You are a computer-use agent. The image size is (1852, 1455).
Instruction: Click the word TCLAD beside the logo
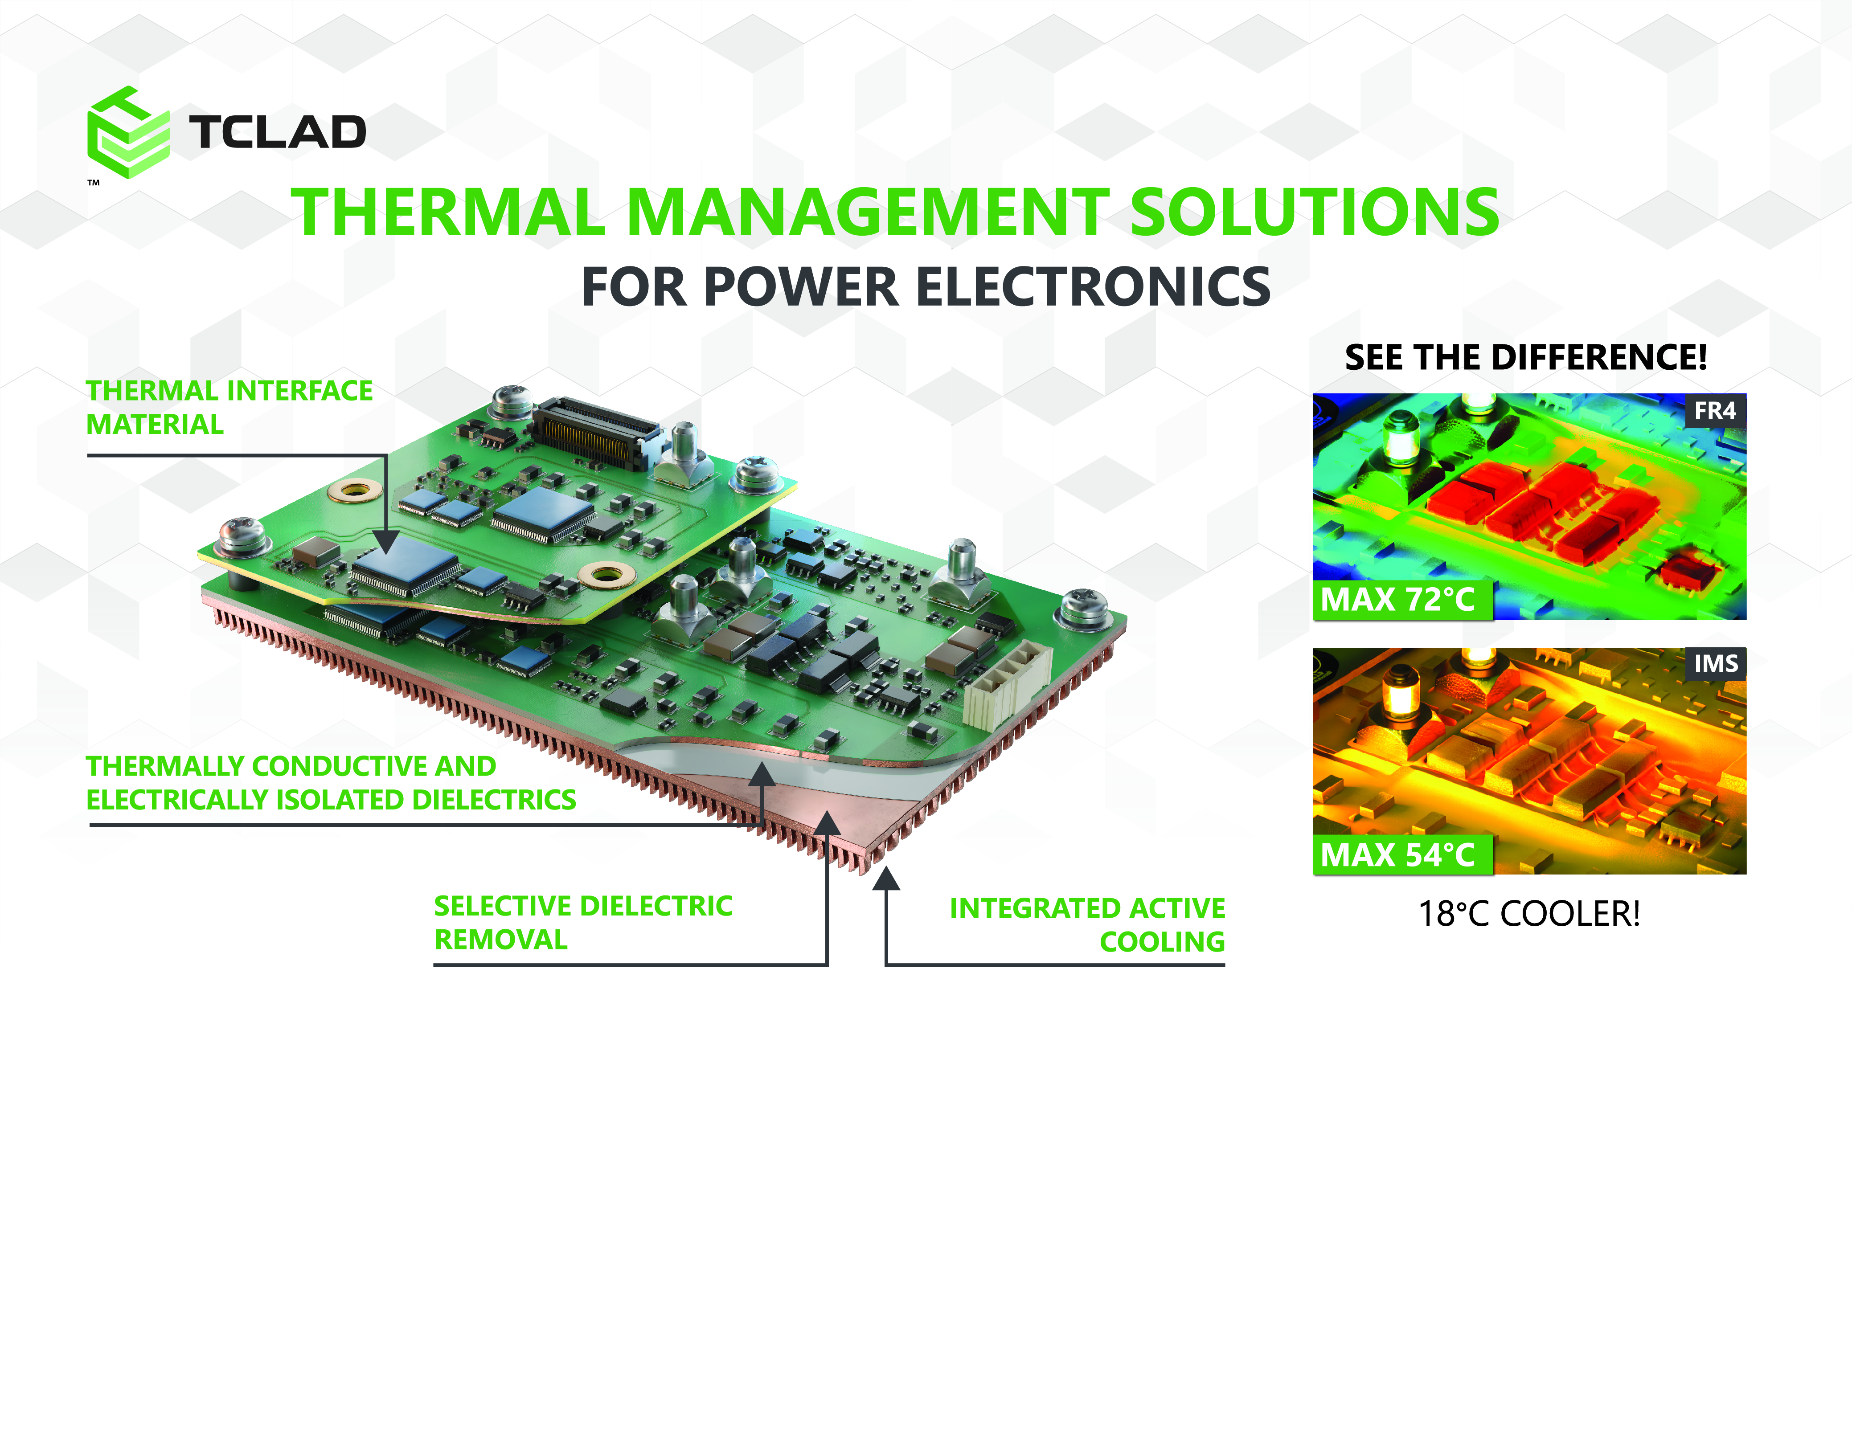[278, 132]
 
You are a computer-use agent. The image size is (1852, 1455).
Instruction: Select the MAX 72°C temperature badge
[1402, 600]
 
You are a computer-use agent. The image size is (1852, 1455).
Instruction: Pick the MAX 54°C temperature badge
[1402, 854]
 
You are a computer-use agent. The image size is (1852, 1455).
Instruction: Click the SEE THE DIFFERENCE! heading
[1526, 357]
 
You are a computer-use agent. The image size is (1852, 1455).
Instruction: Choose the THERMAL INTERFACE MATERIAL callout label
[229, 407]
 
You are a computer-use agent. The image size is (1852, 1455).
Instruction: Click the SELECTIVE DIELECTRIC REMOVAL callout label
[583, 923]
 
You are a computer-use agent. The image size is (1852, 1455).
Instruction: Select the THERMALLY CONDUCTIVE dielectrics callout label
[331, 783]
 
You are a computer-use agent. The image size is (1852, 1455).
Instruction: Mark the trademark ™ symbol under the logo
[94, 182]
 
